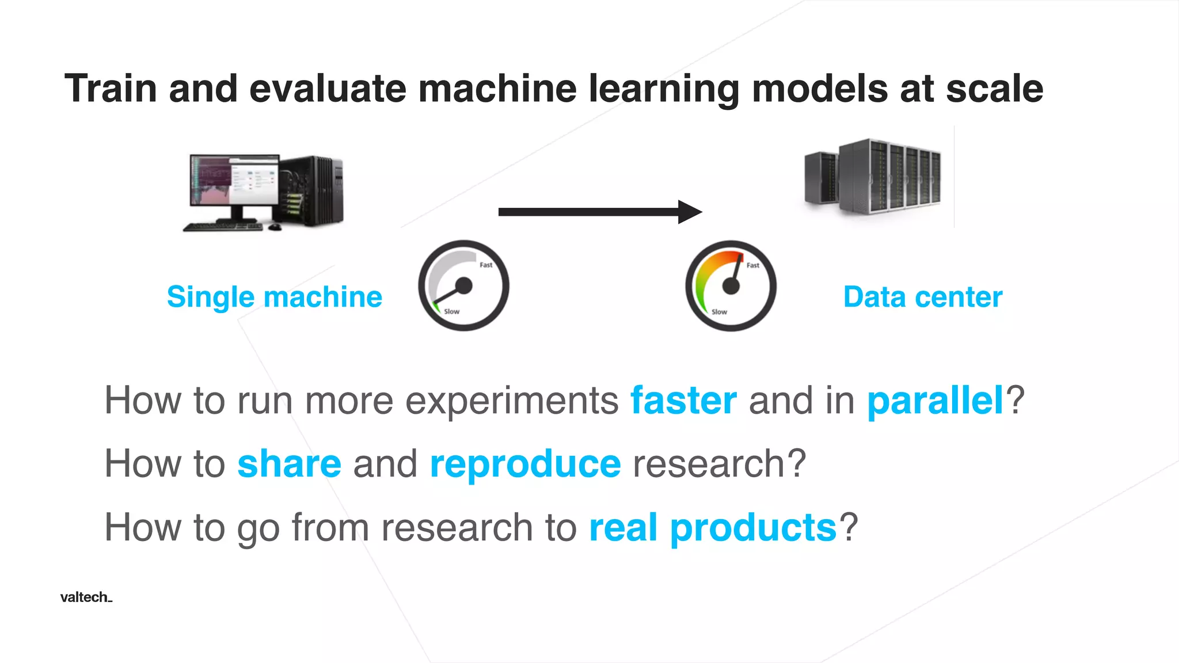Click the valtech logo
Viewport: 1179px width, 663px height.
pos(86,597)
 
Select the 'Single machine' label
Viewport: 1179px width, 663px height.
pos(274,298)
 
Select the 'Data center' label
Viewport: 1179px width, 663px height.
pos(922,298)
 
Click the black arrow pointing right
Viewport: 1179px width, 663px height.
pos(599,212)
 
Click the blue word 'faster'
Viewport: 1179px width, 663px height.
pos(683,401)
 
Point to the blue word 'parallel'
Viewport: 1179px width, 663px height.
pos(935,401)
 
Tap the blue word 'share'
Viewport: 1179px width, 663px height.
pos(289,464)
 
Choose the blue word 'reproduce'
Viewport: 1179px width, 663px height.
pos(525,464)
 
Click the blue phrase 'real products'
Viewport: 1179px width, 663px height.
pos(712,528)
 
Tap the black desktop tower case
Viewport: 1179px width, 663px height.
pos(314,190)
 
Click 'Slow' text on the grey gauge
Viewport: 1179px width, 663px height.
pos(452,311)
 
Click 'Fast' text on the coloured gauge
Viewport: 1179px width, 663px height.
pos(753,265)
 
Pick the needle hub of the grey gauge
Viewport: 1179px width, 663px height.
pos(463,285)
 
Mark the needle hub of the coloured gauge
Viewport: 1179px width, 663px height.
pos(731,285)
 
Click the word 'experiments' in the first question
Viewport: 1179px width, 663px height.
pos(512,401)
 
